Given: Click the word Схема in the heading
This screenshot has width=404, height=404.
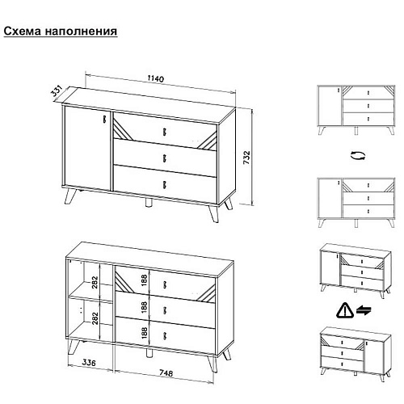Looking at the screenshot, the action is click(23, 31).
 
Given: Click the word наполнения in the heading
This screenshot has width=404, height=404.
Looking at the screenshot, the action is click(81, 32).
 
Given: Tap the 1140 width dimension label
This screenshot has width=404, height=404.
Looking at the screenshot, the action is click(156, 78).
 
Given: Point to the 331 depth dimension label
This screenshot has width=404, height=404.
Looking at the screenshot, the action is click(57, 90).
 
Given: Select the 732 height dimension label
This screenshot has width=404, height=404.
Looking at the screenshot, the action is click(246, 158).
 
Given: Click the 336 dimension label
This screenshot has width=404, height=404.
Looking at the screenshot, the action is click(89, 363).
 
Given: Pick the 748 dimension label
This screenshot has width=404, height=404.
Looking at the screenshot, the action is click(166, 373).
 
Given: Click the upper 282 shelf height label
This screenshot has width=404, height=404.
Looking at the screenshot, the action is click(95, 282).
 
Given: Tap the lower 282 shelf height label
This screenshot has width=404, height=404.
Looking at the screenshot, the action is click(95, 318).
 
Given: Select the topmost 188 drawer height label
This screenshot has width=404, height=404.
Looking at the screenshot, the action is click(145, 280).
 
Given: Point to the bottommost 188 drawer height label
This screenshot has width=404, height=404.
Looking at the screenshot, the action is click(145, 333).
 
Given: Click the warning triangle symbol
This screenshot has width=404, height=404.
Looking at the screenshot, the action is click(345, 310).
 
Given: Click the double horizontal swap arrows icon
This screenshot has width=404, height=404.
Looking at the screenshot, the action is click(364, 310).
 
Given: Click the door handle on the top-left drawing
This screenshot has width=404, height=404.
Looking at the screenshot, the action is click(105, 120).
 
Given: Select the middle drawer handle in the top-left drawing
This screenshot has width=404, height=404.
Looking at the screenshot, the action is click(164, 158).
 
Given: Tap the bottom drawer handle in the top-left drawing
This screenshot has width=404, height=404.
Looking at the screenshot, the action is click(164, 184).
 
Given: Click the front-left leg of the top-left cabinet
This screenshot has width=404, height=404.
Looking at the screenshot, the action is click(69, 196).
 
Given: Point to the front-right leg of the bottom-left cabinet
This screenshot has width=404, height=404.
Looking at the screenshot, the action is click(213, 364).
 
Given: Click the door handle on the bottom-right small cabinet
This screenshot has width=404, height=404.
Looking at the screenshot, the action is click(367, 343).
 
